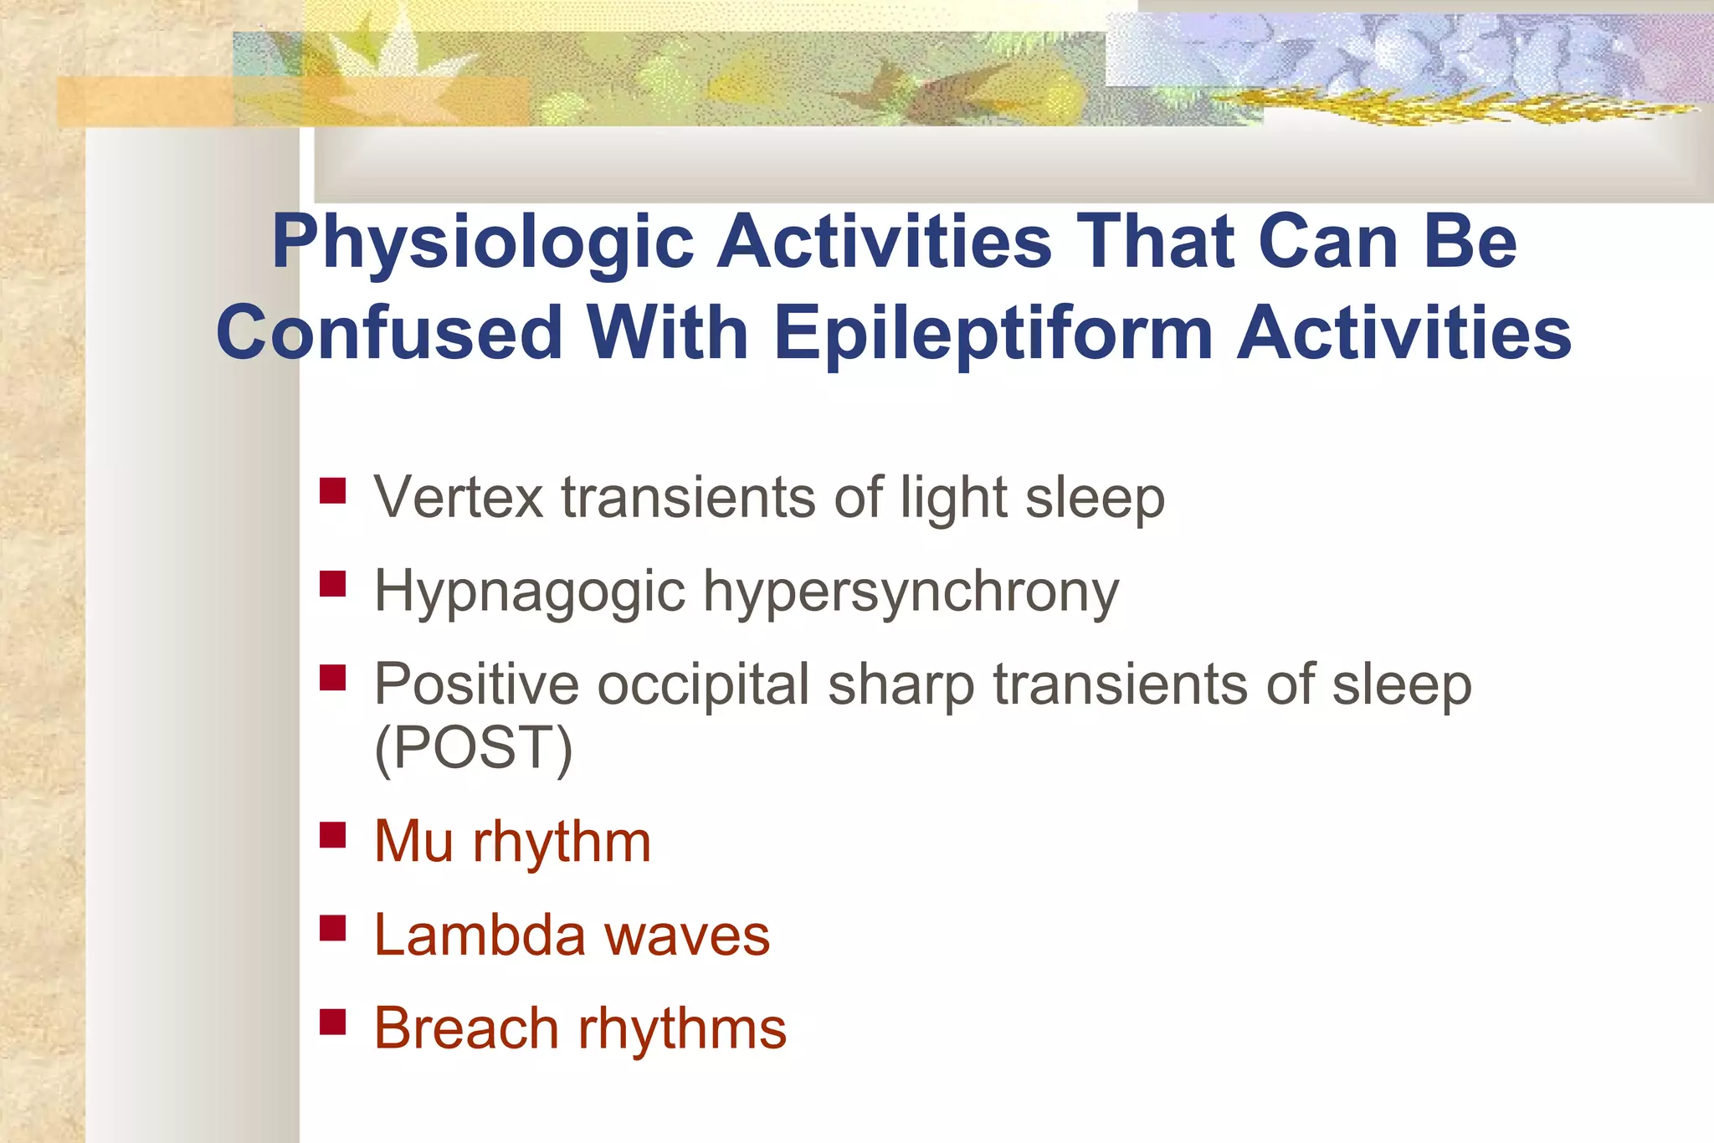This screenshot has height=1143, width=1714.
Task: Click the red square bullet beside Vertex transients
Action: coord(333,490)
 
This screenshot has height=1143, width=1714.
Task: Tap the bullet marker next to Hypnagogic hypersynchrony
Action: coord(333,583)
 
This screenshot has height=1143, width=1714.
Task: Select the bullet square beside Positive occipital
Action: coord(333,677)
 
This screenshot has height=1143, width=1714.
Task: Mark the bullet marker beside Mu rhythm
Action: coord(333,834)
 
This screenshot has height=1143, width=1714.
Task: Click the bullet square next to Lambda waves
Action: coord(333,928)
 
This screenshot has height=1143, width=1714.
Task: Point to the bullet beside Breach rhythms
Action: coord(333,1022)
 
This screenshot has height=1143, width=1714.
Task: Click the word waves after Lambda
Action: coord(688,935)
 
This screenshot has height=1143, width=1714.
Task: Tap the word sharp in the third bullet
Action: coord(901,686)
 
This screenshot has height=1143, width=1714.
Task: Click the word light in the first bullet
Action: coord(953,499)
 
